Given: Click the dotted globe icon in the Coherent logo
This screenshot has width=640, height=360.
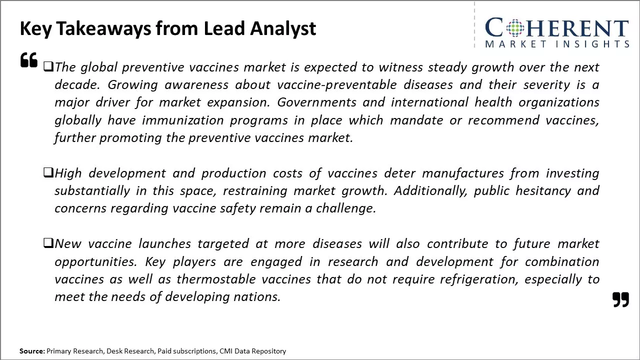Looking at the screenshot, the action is pos(515,28).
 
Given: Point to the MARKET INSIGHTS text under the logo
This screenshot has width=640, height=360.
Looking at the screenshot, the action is pos(557,44).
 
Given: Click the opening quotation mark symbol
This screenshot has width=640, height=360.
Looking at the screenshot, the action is pos(29,60).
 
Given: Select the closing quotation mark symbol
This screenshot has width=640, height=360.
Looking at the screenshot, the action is pos(620,299).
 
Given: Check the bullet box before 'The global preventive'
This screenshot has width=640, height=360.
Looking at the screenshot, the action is pos(48,66).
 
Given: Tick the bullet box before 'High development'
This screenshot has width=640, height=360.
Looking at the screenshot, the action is pos(48,172).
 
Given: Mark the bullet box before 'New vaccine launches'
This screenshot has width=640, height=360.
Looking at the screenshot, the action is pos(48,243).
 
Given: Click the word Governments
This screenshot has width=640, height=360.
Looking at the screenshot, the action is pos(316,102).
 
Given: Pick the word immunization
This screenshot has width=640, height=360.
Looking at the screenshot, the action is pos(183,120).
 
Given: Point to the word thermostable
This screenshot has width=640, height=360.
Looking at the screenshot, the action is pos(216,279).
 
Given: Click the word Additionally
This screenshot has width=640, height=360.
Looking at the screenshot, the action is pos(430,191).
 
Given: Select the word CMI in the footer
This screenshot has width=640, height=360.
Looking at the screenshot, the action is pos(225,351).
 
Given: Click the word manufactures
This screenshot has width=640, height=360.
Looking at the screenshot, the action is pos(463,173).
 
